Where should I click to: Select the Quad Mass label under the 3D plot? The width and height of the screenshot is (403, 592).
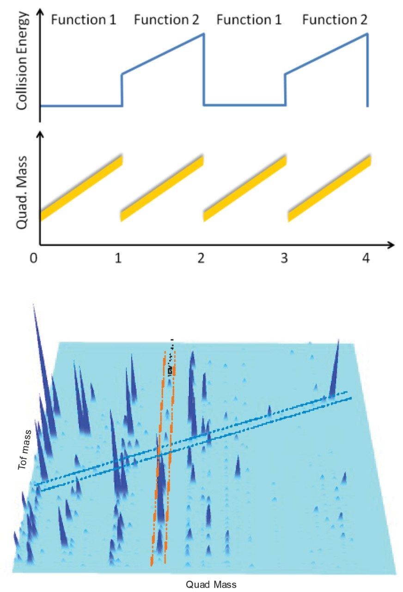[x=211, y=584]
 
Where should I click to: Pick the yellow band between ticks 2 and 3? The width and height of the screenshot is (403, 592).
[x=245, y=189]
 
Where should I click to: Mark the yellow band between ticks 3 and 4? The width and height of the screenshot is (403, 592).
[x=329, y=189]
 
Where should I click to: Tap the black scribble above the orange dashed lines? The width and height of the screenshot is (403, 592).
[x=171, y=358]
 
